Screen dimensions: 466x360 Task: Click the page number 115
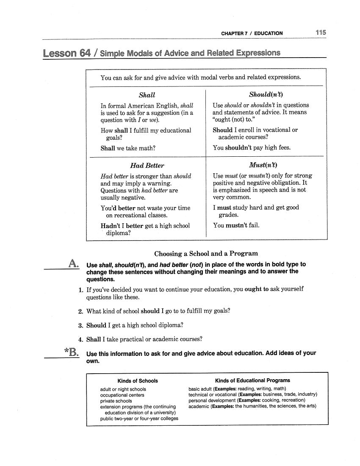point(321,33)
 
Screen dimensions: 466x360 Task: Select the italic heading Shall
point(147,95)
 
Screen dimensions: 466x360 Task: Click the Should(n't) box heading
point(266,95)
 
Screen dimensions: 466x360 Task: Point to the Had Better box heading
point(147,166)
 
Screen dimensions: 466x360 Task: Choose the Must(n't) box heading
point(266,165)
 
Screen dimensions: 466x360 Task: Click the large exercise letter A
point(73,264)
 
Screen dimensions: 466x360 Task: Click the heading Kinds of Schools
point(138,381)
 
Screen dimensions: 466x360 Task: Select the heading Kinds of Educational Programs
point(252,380)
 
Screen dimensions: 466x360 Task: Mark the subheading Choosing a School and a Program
point(206,254)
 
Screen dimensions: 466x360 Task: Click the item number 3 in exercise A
point(80,325)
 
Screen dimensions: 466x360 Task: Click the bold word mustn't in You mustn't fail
point(236,225)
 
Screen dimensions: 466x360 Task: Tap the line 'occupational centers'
point(122,395)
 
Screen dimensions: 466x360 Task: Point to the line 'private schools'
point(116,401)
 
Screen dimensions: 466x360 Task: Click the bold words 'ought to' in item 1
point(257,289)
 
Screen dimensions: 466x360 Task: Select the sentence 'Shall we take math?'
point(128,148)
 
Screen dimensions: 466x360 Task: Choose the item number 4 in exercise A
point(80,339)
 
